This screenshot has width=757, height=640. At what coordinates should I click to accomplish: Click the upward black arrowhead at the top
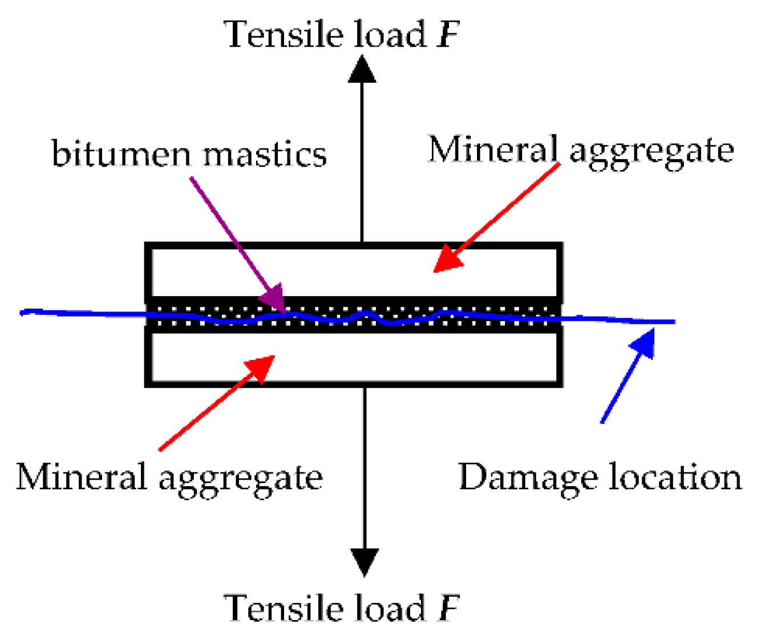[362, 68]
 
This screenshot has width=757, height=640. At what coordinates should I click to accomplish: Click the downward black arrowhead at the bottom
[364, 562]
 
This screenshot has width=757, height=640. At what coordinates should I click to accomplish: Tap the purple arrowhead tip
[274, 300]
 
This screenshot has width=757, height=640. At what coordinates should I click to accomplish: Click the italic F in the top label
[448, 34]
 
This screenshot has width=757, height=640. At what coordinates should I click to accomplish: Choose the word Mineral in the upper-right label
[492, 149]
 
